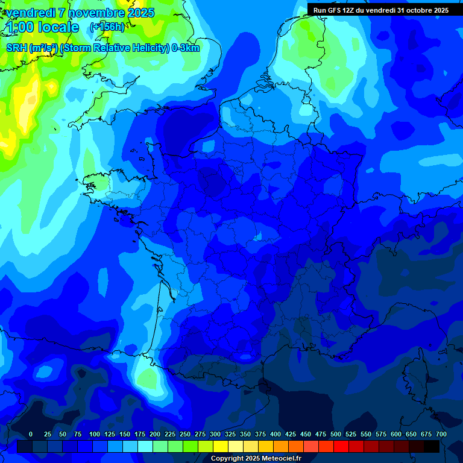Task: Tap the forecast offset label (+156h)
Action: pyautogui.click(x=107, y=27)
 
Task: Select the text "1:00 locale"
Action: pyautogui.click(x=43, y=27)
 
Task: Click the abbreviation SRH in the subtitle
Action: pyautogui.click(x=17, y=48)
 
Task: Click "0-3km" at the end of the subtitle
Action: pyautogui.click(x=185, y=48)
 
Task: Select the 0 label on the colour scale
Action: pyautogui.click(x=31, y=434)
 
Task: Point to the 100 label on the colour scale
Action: pyautogui.click(x=95, y=434)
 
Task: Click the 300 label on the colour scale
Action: pyautogui.click(x=215, y=434)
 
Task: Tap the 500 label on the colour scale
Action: pyautogui.click(x=336, y=434)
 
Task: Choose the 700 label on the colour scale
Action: pyautogui.click(x=441, y=434)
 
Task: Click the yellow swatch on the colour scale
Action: pyautogui.click(x=221, y=446)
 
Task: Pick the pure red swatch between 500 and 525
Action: pyautogui.click(x=341, y=446)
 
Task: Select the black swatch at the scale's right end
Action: pyautogui.click(x=432, y=446)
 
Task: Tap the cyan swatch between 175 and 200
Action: pyautogui.click(x=145, y=446)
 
